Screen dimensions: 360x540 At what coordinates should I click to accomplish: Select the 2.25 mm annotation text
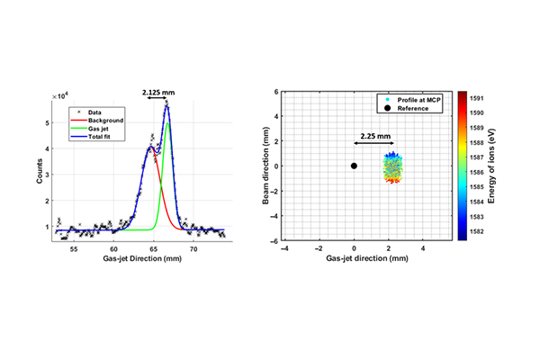click(373, 137)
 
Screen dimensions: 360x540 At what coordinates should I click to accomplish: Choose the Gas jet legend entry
click(101, 127)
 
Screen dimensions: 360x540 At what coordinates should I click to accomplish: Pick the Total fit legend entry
click(102, 135)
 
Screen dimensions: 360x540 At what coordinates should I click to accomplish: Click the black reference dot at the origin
click(355, 166)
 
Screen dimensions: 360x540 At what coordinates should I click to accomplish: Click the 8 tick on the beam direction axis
click(277, 91)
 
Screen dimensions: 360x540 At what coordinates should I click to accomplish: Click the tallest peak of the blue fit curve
click(166, 106)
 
